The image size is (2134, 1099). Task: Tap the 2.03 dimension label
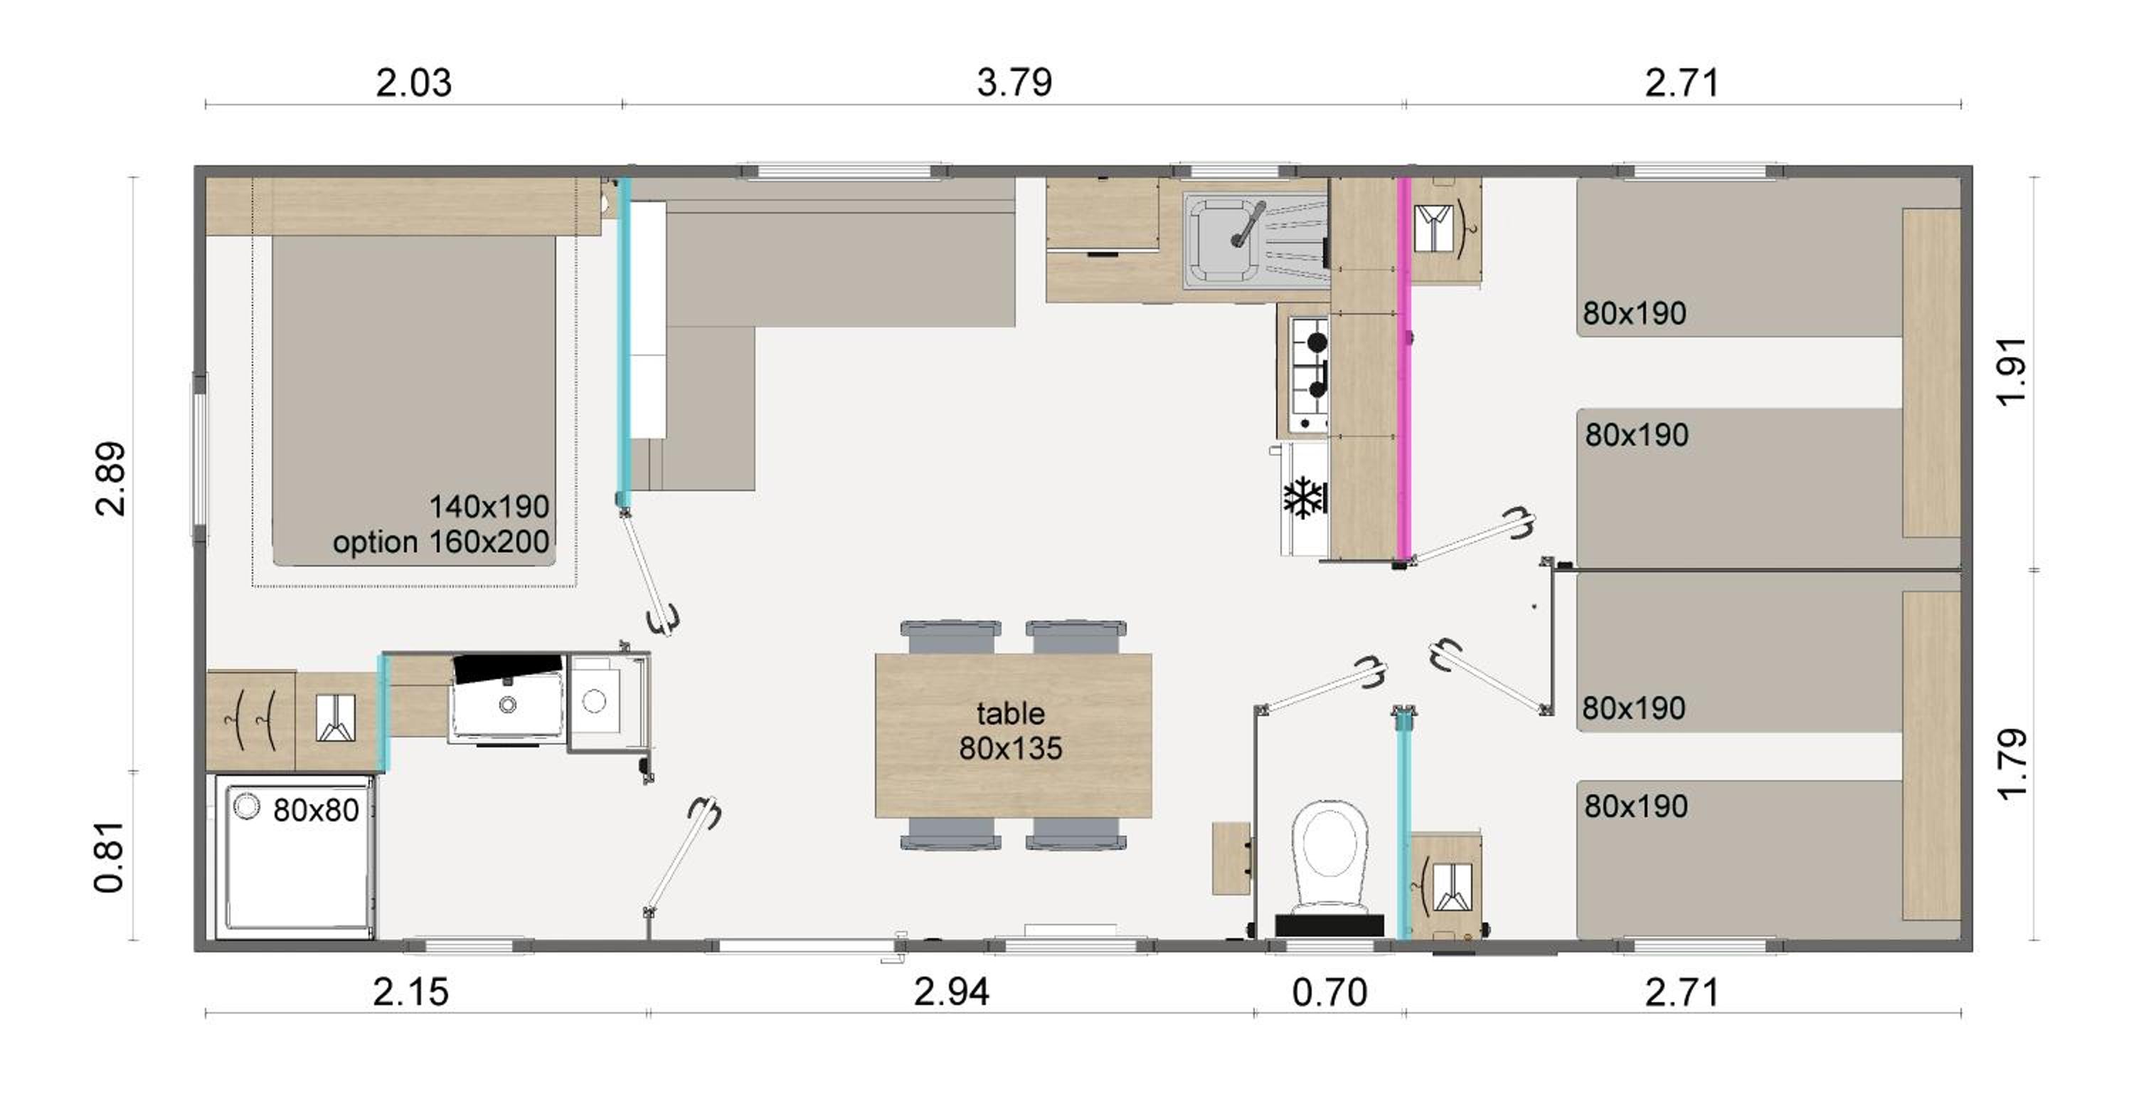click(x=413, y=83)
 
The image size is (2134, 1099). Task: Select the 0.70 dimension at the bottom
click(x=1329, y=992)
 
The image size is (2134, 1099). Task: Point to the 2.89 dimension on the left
click(x=110, y=479)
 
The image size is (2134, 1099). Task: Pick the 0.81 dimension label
click(x=110, y=857)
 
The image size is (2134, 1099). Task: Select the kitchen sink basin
click(x=1221, y=241)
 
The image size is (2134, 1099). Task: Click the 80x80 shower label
click(x=316, y=810)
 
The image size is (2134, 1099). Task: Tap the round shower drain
click(x=246, y=806)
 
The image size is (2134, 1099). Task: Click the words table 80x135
click(x=1011, y=730)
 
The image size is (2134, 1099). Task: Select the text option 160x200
click(x=442, y=542)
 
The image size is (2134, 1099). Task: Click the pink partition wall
click(x=1403, y=369)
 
